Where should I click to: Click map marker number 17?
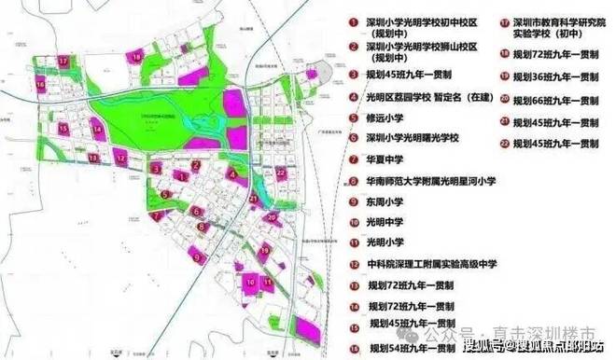point(63,60)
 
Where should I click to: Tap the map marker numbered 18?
point(136,56)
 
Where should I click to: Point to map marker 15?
point(63,127)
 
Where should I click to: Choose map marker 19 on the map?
point(266,249)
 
